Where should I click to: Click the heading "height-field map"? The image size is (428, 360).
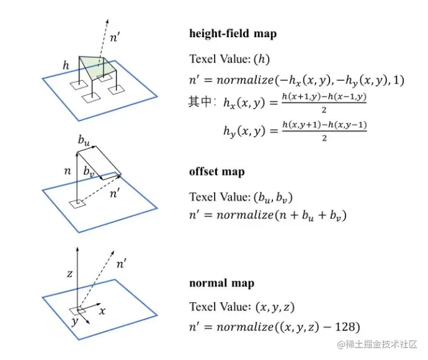pyautogui.click(x=233, y=34)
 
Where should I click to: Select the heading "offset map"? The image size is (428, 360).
pyautogui.click(x=216, y=172)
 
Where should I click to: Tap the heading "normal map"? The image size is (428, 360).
pyautogui.click(x=221, y=284)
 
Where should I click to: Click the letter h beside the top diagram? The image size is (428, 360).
pyautogui.click(x=66, y=65)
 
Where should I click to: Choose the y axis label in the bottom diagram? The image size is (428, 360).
pyautogui.click(x=75, y=322)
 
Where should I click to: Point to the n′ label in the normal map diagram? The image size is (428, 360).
pyautogui.click(x=122, y=264)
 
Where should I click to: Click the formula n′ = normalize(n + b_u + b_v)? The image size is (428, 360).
pyautogui.click(x=267, y=217)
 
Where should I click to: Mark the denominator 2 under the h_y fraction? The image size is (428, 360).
pyautogui.click(x=324, y=138)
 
